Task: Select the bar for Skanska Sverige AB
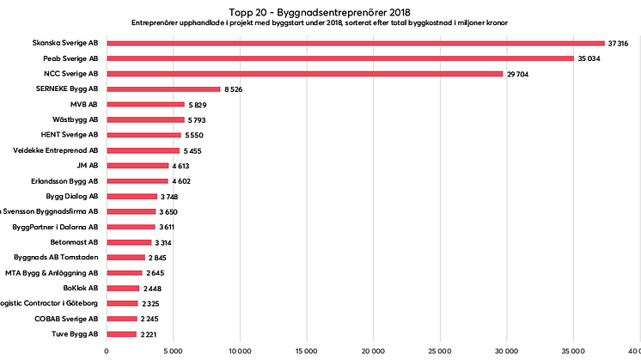click(x=355, y=43)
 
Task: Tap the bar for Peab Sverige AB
click(x=339, y=58)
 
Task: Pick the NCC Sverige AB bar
click(x=304, y=74)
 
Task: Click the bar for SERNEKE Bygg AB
click(x=163, y=88)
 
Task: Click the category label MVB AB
click(x=83, y=104)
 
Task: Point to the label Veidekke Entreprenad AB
click(x=56, y=150)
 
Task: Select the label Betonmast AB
click(x=75, y=242)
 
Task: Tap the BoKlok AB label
click(x=81, y=288)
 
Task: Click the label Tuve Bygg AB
click(x=76, y=333)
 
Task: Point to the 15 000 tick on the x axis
click(x=306, y=351)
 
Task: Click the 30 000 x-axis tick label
click(x=505, y=351)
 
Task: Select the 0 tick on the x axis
click(x=107, y=351)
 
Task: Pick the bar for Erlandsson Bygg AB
click(x=137, y=180)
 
